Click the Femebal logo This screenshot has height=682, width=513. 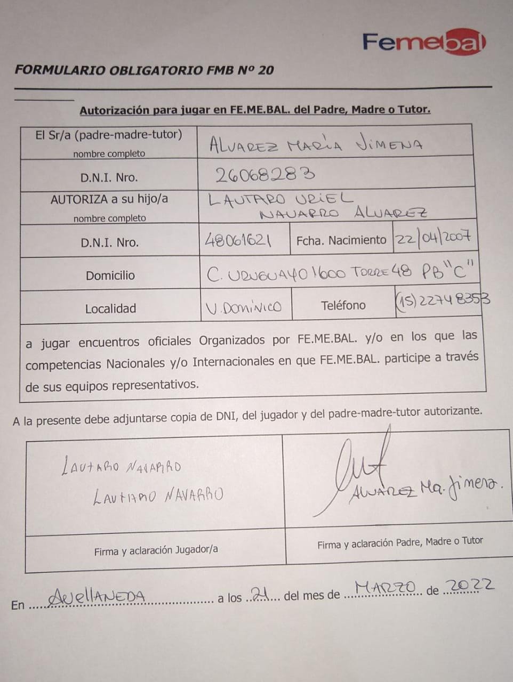pos(424,42)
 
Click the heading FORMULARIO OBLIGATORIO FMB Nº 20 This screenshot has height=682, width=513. pos(144,70)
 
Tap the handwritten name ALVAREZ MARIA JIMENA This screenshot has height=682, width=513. pos(316,144)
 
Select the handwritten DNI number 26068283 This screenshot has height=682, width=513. pos(264,174)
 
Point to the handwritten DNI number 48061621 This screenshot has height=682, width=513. pos(238,241)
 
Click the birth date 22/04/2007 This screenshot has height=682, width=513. pos(433,237)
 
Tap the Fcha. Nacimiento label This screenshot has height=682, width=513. pos(341,240)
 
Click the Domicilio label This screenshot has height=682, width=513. pos(110,275)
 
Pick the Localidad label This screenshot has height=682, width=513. pos(110,308)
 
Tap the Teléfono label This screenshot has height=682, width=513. pos(343,305)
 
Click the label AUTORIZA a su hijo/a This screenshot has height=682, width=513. pos(109,199)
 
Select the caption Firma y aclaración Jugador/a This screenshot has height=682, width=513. pos(156,550)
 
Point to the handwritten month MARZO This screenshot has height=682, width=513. pos(385,587)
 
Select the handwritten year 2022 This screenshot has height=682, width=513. pos(469,585)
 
